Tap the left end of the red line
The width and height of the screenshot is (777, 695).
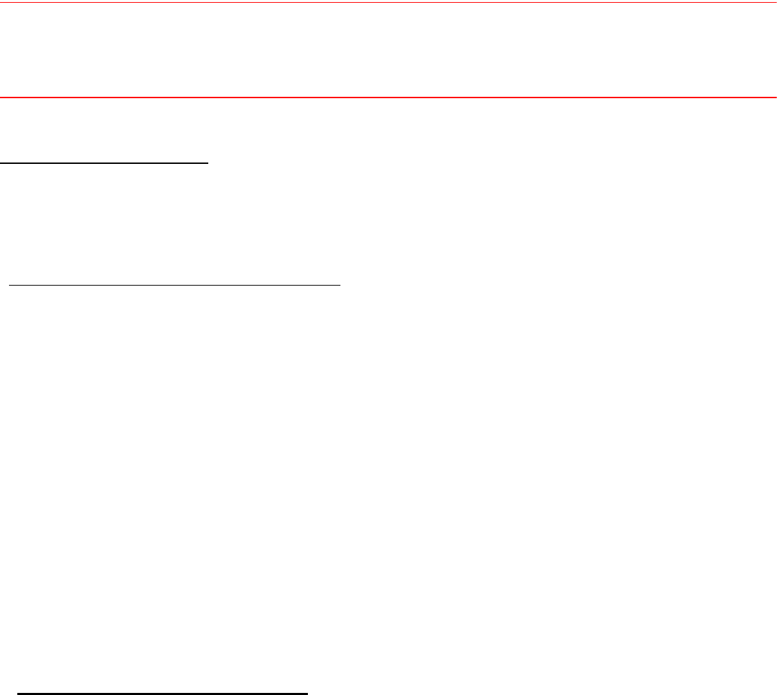coord(1,98)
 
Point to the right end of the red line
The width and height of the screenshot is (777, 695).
coord(776,98)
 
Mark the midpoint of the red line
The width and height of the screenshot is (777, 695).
coord(388,98)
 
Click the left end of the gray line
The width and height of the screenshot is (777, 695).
coord(1,3)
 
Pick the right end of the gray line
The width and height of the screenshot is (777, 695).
coord(776,3)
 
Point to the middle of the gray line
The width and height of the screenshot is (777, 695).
coord(388,3)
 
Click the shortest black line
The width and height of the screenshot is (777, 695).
coord(104,163)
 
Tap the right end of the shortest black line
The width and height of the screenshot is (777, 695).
coord(208,163)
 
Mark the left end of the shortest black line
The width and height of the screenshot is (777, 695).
coord(1,163)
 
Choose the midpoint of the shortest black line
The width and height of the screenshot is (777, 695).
coord(104,163)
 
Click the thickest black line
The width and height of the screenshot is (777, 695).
coord(163,692)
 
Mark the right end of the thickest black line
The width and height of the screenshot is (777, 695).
coord(307,692)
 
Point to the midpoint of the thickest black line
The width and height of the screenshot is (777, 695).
coord(163,692)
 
